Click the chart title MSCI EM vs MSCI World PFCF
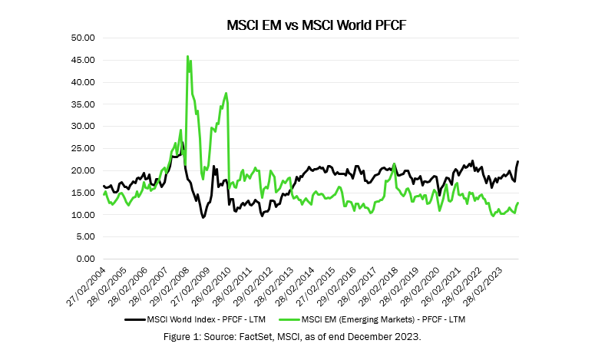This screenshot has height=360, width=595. pos(316,25)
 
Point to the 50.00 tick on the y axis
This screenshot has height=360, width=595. pos(81,38)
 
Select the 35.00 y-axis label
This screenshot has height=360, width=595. pos(81,104)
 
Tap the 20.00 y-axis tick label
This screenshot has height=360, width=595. pos(81,170)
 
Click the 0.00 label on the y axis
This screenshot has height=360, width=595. pos(84,259)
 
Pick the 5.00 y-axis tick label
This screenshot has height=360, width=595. pos(84,237)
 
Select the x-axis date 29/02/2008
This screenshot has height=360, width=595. pos(167,285)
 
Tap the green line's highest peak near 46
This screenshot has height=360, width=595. pos(187,56)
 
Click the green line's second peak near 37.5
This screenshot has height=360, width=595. pos(226,93)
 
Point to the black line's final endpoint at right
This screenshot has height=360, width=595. pos(518,161)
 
